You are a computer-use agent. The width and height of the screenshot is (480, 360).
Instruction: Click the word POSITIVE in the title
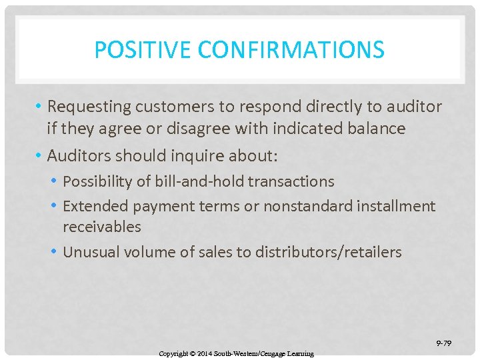135,49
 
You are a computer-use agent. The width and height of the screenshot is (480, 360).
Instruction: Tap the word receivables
102,227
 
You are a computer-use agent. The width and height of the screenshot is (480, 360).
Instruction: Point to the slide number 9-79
443,343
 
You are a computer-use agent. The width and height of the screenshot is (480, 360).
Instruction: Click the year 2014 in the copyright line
205,353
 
